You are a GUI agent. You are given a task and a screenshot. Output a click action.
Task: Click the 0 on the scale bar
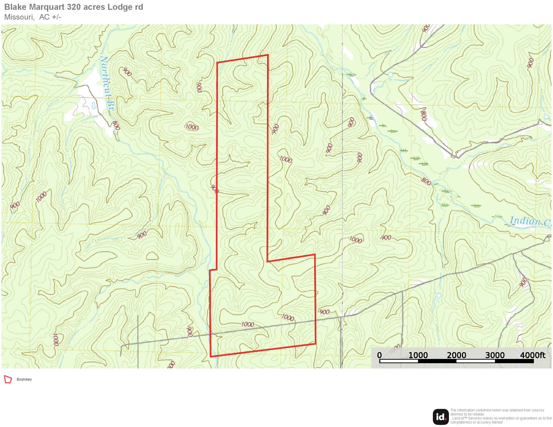coord(379,355)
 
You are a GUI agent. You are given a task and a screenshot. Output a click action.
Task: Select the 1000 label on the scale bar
coord(418,355)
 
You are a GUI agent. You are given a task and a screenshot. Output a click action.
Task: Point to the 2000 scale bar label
coord(456,355)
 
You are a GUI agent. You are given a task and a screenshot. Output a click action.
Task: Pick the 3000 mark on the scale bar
coord(495,355)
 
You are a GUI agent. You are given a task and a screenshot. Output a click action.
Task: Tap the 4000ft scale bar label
coord(532,355)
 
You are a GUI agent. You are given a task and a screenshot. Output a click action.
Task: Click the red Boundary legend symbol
coord(8,380)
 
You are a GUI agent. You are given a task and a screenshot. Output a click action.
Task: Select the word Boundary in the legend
coord(24,380)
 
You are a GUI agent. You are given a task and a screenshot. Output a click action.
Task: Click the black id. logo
coord(441,417)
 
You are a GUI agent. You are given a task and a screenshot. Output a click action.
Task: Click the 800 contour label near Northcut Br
coord(116,125)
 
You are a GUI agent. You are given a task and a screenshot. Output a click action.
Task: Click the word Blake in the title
coord(15,7)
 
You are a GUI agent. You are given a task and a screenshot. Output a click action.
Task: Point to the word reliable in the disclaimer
coord(479,414)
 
